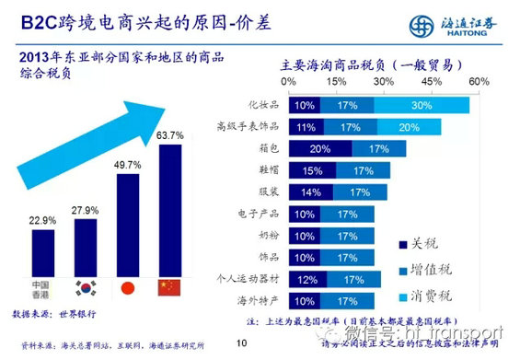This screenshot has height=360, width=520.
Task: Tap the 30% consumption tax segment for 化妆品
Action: coord(422,106)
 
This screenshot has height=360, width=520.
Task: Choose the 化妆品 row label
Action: coord(265,106)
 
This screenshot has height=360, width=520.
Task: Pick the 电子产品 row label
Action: coord(260,214)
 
